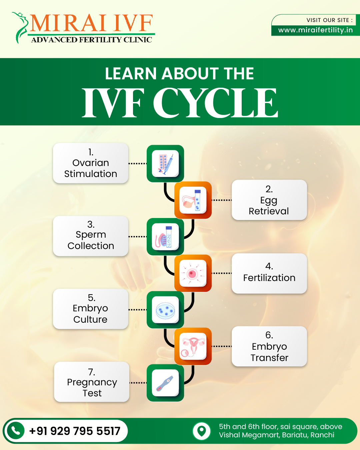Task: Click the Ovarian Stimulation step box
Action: click(91, 163)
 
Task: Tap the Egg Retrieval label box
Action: click(269, 200)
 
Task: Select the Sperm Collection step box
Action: click(91, 236)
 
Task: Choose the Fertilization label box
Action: click(269, 273)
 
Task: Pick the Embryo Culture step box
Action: click(91, 309)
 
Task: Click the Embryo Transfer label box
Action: click(269, 346)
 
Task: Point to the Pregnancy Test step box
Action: click(92, 382)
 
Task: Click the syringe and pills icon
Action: click(165, 164)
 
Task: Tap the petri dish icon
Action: click(165, 310)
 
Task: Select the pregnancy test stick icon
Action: click(165, 383)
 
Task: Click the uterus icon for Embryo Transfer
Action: click(193, 346)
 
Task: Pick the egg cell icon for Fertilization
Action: click(193, 273)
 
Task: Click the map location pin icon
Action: click(201, 431)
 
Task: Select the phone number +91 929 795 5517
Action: click(75, 431)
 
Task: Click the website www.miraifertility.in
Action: click(315, 30)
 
